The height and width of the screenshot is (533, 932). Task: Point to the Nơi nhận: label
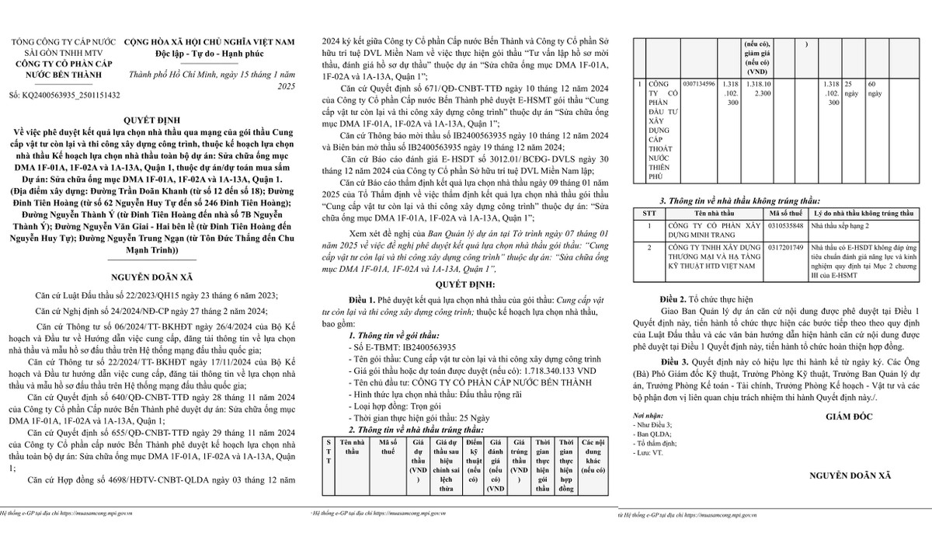(647, 416)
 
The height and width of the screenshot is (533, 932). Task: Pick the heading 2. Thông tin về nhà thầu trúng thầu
(416, 429)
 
